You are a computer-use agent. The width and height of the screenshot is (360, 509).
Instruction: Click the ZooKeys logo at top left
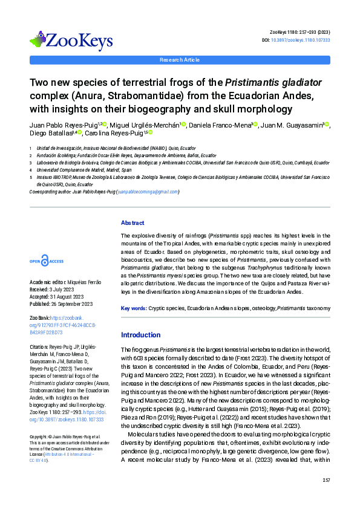coord(71,41)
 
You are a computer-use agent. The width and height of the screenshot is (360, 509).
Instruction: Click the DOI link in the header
coord(305,40)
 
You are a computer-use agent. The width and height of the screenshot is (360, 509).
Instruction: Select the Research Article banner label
coord(180,60)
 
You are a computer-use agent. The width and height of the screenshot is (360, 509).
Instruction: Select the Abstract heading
coord(133,222)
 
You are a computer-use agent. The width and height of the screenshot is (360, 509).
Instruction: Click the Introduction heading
coord(140,334)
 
